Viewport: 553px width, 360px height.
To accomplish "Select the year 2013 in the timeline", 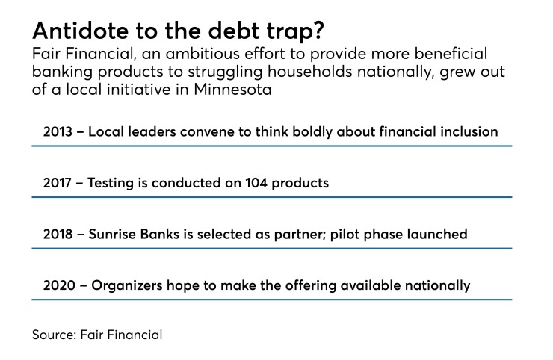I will tap(58, 132).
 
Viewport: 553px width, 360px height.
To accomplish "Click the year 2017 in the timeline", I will tap(58, 183).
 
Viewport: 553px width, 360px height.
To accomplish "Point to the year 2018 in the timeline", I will tap(58, 234).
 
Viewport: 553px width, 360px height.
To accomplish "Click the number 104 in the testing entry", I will tap(253, 183).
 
